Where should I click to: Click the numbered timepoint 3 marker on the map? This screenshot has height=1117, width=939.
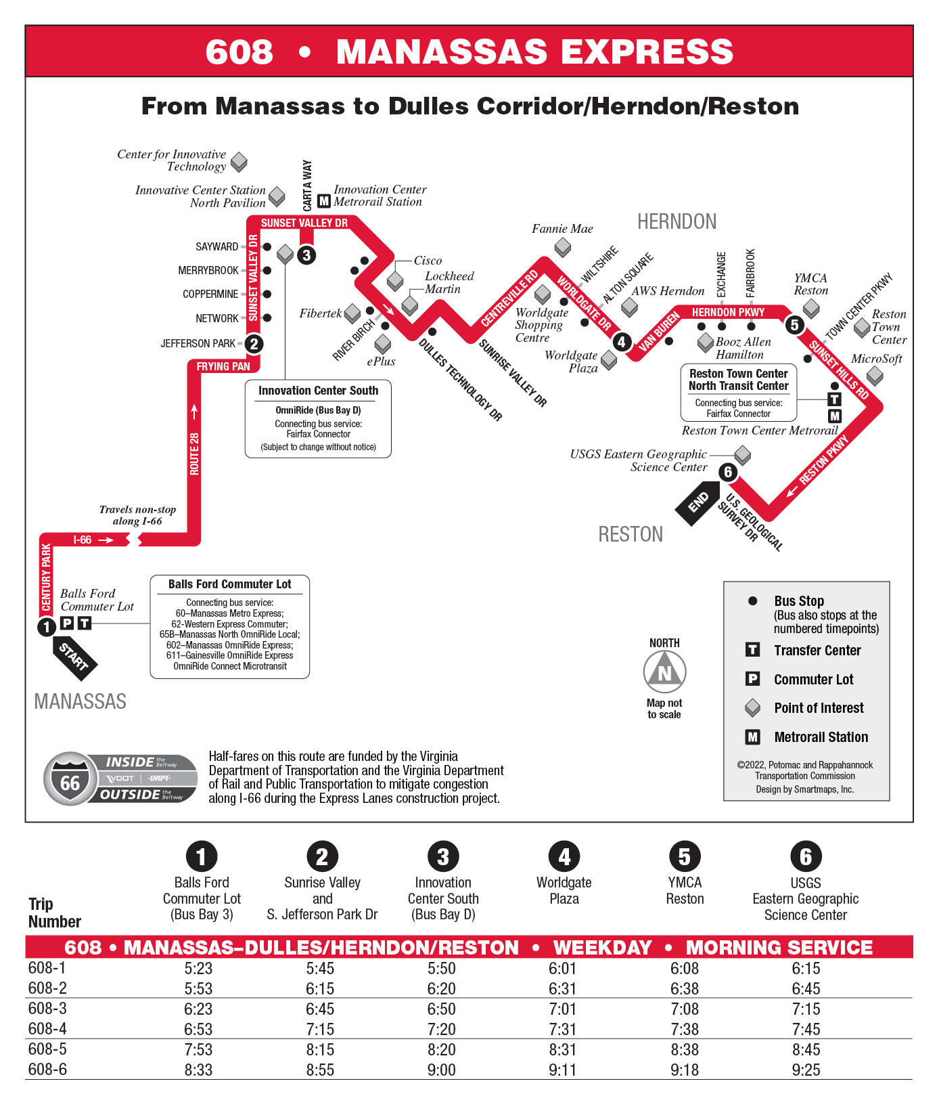[x=307, y=255]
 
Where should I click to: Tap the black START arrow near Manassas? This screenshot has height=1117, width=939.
[x=74, y=657]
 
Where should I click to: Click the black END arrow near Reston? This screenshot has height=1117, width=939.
[x=697, y=503]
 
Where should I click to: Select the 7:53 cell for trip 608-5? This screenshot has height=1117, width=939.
[x=198, y=1050]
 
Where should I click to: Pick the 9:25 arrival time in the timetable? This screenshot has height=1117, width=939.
[x=806, y=1070]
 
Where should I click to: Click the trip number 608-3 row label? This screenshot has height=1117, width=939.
[x=47, y=1009]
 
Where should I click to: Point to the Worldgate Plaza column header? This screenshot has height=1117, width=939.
[x=564, y=890]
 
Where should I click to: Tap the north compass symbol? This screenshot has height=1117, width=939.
[x=664, y=672]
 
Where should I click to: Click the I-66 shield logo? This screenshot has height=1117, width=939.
[x=70, y=779]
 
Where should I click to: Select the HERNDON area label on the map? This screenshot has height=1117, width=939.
[x=677, y=222]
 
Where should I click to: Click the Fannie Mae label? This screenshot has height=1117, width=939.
[x=562, y=229]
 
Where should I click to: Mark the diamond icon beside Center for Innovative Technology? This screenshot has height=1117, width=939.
[x=239, y=162]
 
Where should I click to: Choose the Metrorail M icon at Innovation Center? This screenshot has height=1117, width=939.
[x=324, y=201]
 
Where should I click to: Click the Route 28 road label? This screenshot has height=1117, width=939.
[x=195, y=454]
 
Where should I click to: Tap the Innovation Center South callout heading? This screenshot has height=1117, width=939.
[x=318, y=391]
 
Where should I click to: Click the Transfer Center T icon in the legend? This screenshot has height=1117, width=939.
[x=752, y=651]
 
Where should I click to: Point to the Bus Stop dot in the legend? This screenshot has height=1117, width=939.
[x=752, y=601]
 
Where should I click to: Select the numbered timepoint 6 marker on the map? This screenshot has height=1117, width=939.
[x=728, y=472]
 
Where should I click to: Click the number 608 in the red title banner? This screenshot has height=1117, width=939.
[x=239, y=52]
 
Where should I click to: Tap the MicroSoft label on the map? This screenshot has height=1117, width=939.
[x=876, y=359]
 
